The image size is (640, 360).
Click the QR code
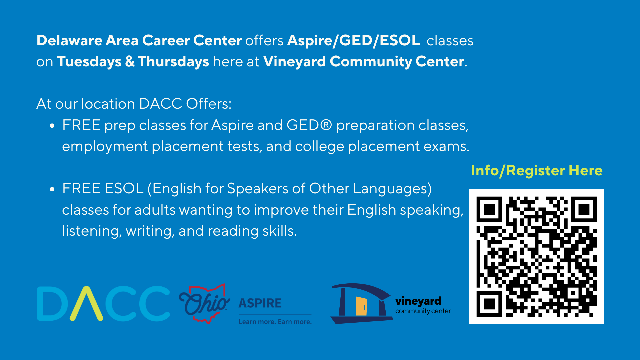tap(536, 257)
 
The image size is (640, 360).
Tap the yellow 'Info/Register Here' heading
tap(537, 171)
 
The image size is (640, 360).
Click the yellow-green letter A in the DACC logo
tap(86, 304)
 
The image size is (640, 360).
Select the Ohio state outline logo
tap(204, 303)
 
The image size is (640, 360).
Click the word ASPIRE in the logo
tap(260, 303)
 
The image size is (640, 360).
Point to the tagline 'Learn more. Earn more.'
tap(275, 322)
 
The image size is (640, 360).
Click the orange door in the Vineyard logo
tap(361, 306)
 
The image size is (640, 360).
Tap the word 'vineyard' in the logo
tap(418, 301)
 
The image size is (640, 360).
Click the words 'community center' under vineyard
tap(423, 311)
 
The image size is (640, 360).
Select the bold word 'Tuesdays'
tap(89, 62)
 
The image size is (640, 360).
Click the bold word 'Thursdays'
tap(173, 62)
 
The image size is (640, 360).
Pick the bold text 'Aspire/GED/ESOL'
tap(353, 41)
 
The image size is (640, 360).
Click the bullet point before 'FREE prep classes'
tap(52, 126)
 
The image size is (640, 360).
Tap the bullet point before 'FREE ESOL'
tap(52, 189)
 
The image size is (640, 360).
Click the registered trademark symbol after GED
tap(326, 125)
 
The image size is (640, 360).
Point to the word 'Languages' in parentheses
tap(390, 189)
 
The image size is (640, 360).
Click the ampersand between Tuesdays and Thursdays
tap(130, 62)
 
